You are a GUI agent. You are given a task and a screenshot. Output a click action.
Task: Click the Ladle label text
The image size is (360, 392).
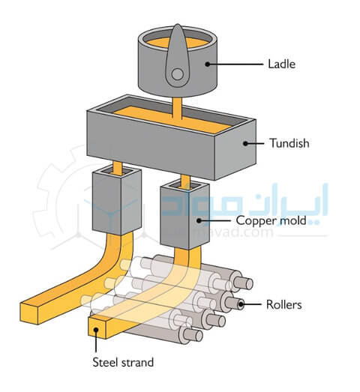tap(281, 64)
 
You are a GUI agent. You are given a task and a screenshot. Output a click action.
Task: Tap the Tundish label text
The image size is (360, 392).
tap(289, 143)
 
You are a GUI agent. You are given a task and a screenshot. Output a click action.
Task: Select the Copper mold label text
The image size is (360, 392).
tap(271, 220)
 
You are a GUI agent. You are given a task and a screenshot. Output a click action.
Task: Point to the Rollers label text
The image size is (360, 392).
tap(284, 304)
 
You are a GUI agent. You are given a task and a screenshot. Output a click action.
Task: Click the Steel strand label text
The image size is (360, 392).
tap(123, 362)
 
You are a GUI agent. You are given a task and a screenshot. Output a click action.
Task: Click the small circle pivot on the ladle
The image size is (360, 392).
tap(177, 74)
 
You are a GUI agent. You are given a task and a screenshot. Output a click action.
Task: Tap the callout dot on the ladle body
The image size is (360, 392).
tap(208, 64)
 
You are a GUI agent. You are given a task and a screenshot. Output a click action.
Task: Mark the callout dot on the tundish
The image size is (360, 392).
tap(245, 143)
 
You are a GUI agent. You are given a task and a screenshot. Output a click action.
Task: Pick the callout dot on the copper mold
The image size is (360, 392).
tap(199, 221)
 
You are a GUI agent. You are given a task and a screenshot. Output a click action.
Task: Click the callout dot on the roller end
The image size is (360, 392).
tap(241, 304)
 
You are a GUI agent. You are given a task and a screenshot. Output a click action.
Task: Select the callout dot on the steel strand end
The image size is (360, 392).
tap(96, 330)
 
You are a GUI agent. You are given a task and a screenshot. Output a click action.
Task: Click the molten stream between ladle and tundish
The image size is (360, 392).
tap(177, 108)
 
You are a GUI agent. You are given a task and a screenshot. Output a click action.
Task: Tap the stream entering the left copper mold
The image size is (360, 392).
tap(117, 168)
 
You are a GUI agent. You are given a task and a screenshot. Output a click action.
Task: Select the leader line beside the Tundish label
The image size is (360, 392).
tap(255, 143)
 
